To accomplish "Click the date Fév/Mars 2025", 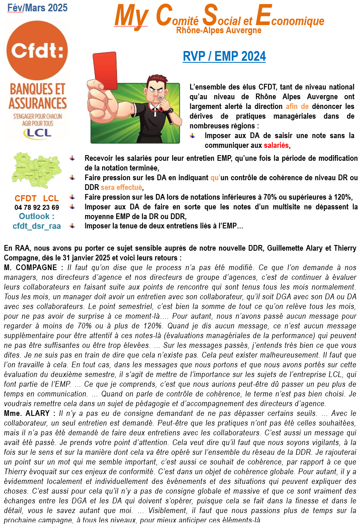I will (38, 8).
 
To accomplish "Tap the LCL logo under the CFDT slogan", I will (37, 132).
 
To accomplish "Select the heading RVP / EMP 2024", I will (224, 56).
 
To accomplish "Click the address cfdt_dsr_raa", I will (37, 226).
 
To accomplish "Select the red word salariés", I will (277, 145).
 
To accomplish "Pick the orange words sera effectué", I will (121, 187).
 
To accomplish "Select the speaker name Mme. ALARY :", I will (30, 413).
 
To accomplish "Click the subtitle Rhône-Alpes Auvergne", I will (219, 30).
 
